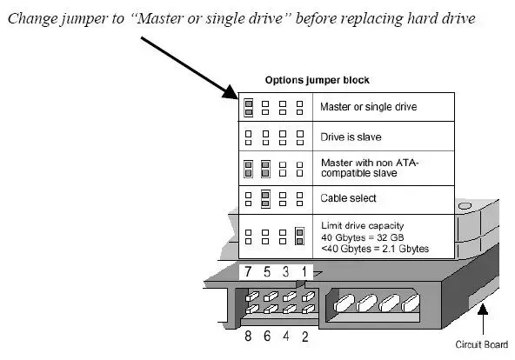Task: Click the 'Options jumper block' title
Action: [x=317, y=80]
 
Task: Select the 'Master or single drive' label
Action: [x=369, y=107]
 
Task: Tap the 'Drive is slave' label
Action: [x=351, y=137]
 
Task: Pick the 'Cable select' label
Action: [x=348, y=198]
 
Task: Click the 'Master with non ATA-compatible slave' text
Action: [x=370, y=168]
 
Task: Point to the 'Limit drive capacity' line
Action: [x=362, y=226]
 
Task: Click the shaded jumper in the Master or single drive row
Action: [x=249, y=108]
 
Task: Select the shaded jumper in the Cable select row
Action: [x=265, y=199]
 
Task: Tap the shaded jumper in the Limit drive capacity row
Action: [x=299, y=237]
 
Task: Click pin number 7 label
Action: [x=248, y=271]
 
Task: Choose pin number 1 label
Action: [x=304, y=271]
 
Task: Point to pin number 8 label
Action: [x=248, y=336]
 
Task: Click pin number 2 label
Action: [x=304, y=337]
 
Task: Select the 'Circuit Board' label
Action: [x=481, y=344]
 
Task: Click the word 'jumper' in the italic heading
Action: [x=84, y=19]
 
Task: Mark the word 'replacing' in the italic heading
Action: [x=371, y=19]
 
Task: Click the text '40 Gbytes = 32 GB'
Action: [x=362, y=237]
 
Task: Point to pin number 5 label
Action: [x=267, y=271]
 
